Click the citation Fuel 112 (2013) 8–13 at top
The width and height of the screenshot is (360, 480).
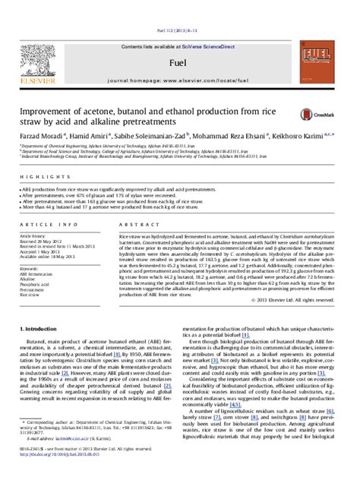[179, 10]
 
